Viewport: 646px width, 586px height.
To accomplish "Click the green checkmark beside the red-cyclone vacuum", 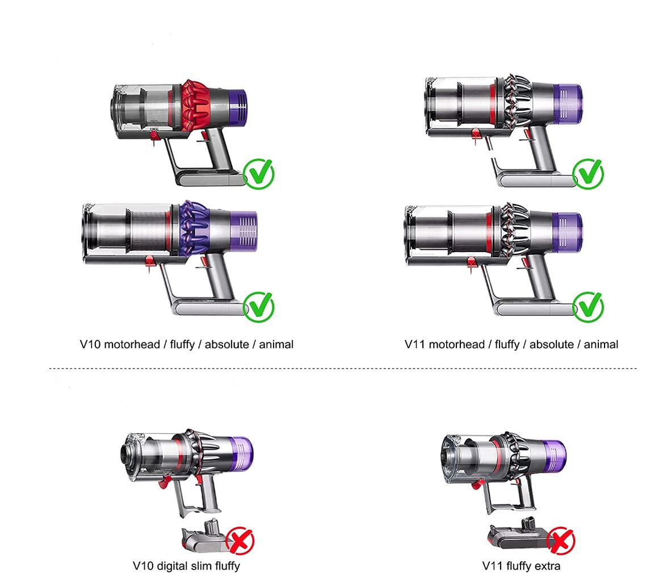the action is click(x=259, y=174).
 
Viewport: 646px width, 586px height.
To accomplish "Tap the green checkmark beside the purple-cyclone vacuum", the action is click(x=259, y=307).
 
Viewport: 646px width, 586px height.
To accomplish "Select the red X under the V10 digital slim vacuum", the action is click(x=240, y=541).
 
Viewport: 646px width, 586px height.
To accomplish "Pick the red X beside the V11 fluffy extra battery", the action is click(x=560, y=540).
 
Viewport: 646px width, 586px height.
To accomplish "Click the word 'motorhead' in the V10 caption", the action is click(x=132, y=345).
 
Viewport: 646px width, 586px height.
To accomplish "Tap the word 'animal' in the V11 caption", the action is click(x=601, y=345).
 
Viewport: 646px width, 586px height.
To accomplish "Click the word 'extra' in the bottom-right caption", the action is click(x=548, y=566).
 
